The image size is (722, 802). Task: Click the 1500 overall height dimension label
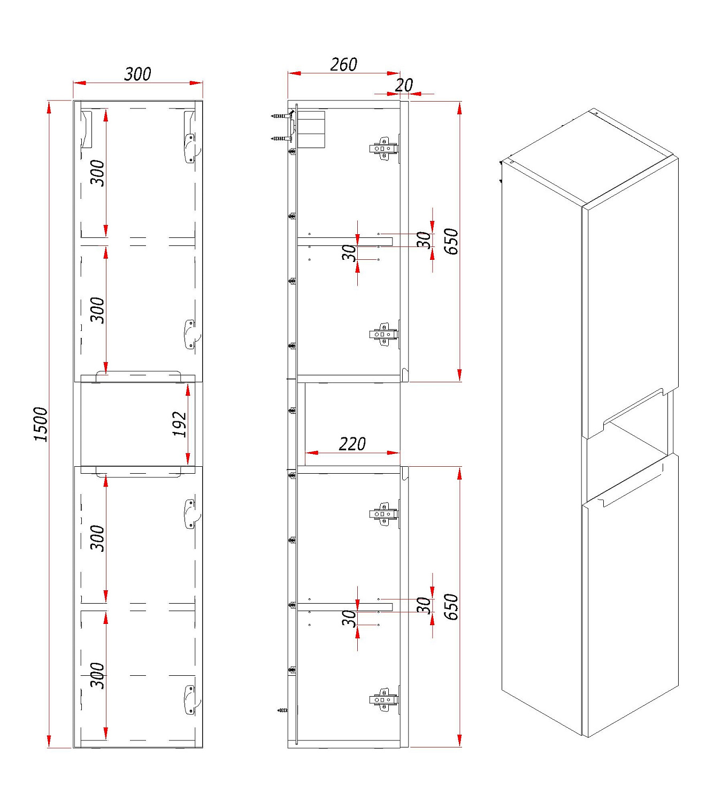[41, 424]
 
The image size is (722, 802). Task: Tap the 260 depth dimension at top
[343, 64]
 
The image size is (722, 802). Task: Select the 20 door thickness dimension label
[404, 85]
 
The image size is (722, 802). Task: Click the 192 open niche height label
[180, 424]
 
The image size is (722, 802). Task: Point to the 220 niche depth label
[352, 444]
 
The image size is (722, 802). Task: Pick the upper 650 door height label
[451, 242]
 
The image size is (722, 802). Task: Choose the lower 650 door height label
[451, 607]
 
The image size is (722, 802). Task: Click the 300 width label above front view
[137, 74]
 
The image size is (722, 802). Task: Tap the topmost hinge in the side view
[383, 149]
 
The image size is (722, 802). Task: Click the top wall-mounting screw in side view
[280, 116]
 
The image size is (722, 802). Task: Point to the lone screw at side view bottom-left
[282, 711]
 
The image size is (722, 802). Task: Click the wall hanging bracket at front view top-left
[87, 129]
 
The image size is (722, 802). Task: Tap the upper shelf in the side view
[345, 241]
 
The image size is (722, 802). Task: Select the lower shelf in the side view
[345, 607]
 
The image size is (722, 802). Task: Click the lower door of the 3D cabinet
[631, 596]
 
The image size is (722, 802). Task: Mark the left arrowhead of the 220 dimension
[312, 453]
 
